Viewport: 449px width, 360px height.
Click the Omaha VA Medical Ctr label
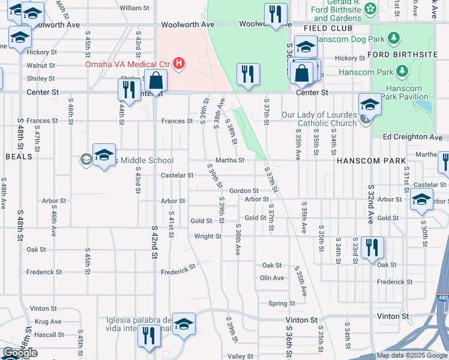coord(128,63)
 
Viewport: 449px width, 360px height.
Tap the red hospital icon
coord(178,63)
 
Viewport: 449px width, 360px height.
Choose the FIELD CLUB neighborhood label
coord(328,28)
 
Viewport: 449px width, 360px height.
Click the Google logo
coord(20,353)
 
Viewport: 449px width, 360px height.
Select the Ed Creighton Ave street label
coord(412,137)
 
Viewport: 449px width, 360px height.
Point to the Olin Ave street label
coord(272,278)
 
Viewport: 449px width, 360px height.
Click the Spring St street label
coord(282,304)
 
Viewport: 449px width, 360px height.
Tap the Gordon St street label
coord(244,190)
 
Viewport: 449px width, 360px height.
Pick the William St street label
coord(134,8)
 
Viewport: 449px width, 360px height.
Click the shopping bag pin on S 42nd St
coord(155,80)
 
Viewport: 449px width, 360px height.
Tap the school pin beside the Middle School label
coord(104,155)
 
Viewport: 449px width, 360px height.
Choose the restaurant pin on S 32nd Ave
coord(372,247)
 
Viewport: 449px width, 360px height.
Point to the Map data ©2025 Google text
coord(411,355)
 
